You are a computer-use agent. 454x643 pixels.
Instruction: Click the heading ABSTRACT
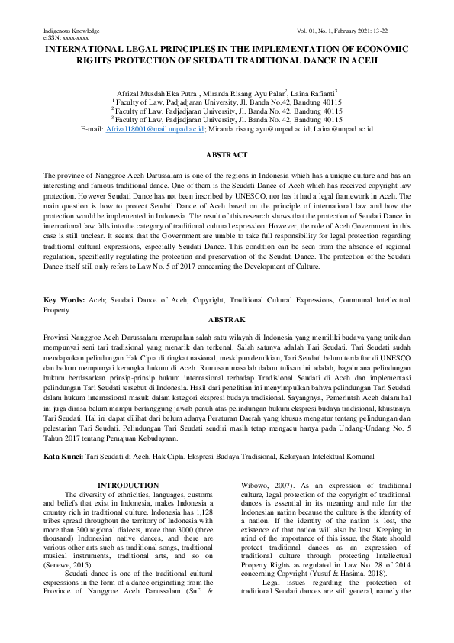pyautogui.click(x=227, y=154)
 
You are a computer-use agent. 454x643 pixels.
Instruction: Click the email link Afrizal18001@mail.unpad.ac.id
pyautogui.click(x=156, y=130)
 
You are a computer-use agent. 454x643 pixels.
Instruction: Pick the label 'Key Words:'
pyautogui.click(x=64, y=301)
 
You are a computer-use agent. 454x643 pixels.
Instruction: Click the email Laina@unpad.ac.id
pyautogui.click(x=343, y=130)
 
